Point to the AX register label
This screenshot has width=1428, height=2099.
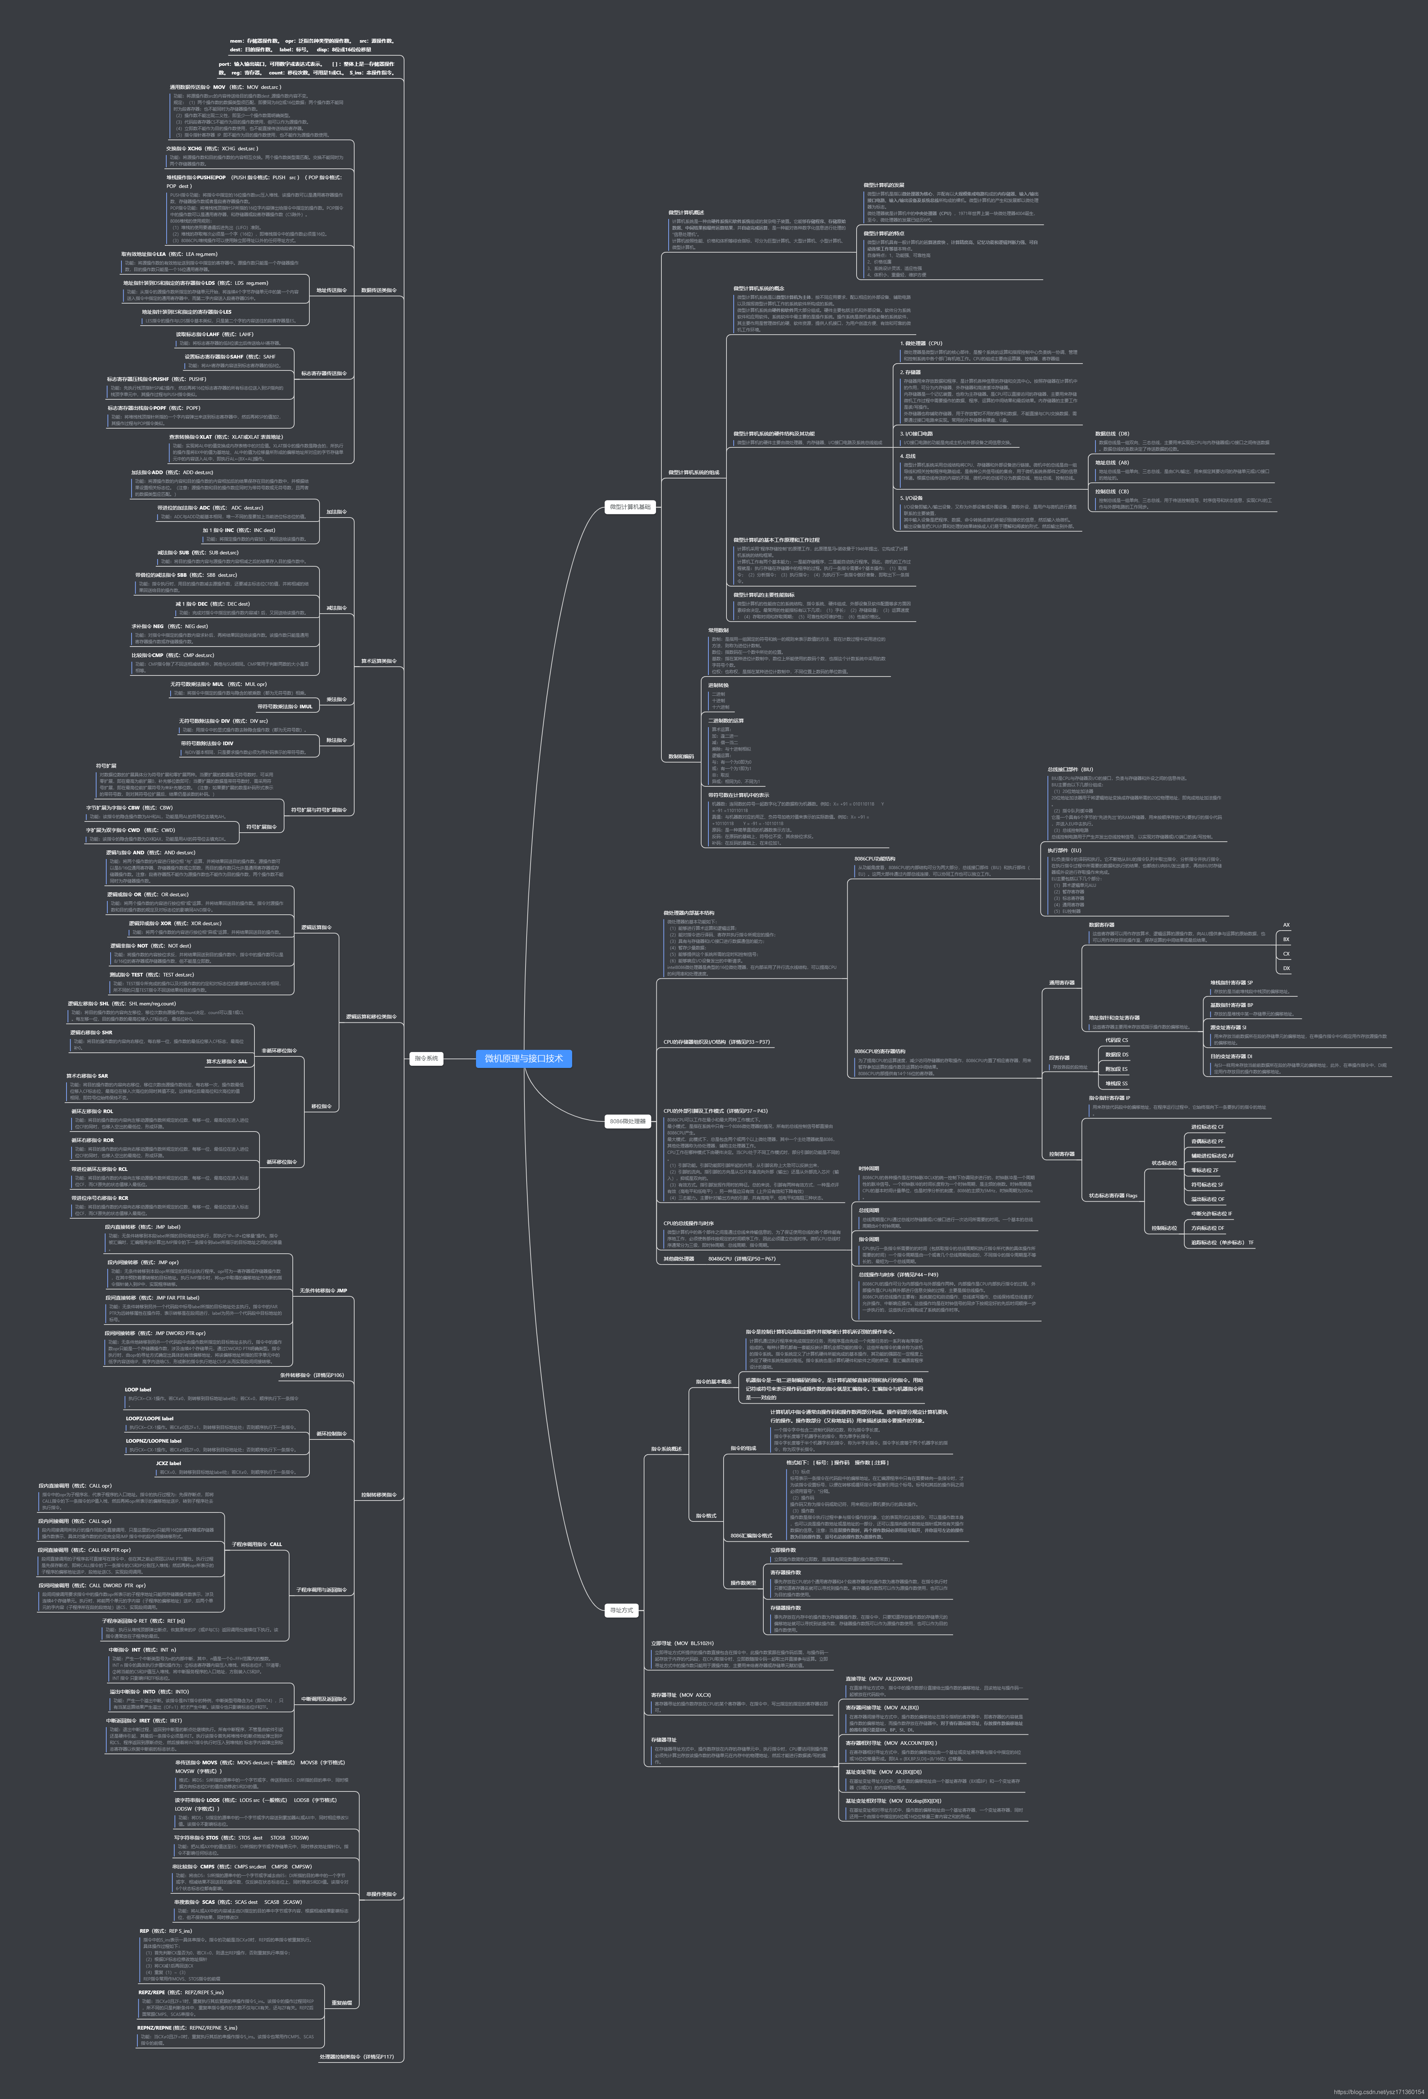[1286, 925]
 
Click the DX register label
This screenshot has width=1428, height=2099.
[1286, 968]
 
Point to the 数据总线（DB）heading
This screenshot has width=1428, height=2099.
[1112, 434]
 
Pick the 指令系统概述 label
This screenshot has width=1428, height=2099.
[666, 1449]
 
